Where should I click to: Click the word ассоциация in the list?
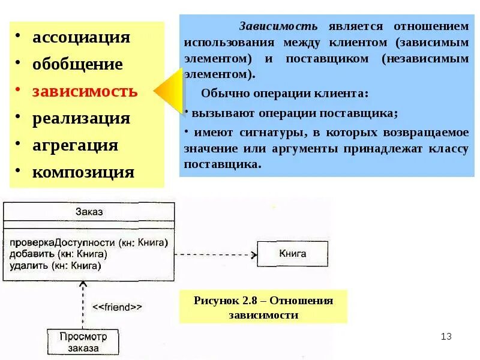(x=81, y=37)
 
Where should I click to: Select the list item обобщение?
(x=77, y=64)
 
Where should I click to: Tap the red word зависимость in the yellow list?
(x=85, y=92)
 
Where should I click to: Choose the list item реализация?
(x=81, y=118)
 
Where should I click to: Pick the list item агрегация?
(x=75, y=145)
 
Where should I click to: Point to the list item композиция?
(x=83, y=173)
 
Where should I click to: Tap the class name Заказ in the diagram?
(x=89, y=211)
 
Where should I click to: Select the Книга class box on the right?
(x=292, y=253)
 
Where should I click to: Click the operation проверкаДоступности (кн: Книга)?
(x=88, y=242)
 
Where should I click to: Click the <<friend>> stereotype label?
(x=117, y=307)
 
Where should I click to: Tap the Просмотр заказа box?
(x=83, y=342)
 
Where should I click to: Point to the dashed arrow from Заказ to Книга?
(x=216, y=253)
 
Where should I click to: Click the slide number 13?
(x=445, y=336)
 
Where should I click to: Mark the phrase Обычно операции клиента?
(x=284, y=94)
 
